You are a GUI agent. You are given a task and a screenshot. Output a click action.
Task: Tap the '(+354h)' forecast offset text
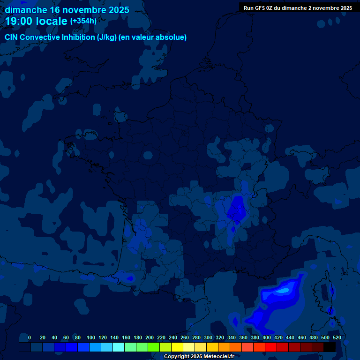point(83,21)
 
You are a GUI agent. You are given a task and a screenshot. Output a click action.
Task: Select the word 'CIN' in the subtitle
point(12,37)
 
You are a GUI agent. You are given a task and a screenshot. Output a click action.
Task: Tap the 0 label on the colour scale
point(30,337)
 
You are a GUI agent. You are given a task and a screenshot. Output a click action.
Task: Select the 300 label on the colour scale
point(208,337)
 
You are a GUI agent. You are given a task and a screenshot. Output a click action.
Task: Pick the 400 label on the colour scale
point(266,337)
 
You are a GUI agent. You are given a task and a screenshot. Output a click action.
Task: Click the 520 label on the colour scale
point(337,337)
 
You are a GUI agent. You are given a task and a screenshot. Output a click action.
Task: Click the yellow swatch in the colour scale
point(177,347)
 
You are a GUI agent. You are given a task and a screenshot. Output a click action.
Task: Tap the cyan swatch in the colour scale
point(119,347)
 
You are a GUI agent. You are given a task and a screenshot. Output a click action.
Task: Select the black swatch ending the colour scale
point(330,347)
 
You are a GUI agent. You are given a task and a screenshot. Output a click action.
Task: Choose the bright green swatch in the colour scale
point(154,347)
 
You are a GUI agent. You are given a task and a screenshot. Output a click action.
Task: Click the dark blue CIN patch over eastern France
point(237,209)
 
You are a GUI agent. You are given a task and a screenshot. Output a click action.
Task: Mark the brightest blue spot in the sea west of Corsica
point(283,291)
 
